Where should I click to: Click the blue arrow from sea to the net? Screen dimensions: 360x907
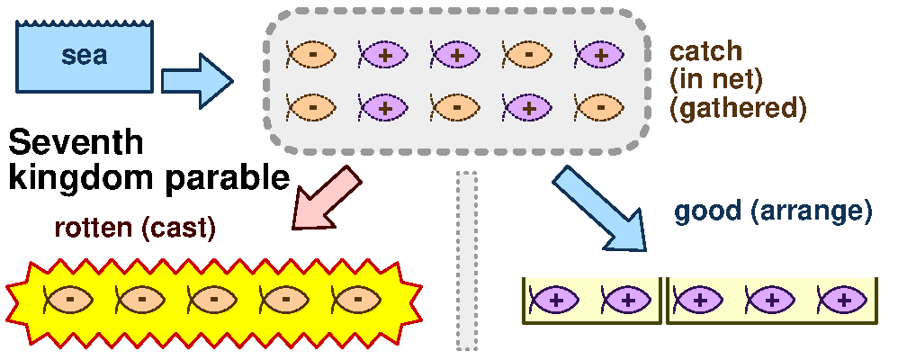tap(195, 80)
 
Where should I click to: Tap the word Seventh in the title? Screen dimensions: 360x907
tap(76, 144)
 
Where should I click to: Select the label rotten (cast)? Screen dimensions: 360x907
tap(134, 228)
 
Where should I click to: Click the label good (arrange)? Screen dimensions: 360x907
tap(773, 212)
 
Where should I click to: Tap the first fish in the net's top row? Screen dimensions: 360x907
tap(311, 54)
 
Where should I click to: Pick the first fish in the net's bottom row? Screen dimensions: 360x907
tap(311, 107)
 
